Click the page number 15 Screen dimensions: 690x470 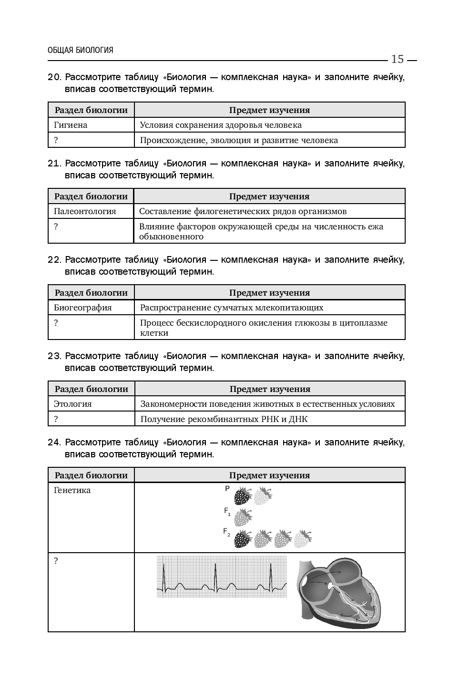397,60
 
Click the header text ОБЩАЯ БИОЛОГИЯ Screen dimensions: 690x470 81,50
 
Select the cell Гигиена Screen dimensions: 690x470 71,125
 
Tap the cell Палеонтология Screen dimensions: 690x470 85,211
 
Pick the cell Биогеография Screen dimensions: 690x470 82,308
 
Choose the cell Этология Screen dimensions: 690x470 72,404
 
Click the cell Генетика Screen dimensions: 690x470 72,490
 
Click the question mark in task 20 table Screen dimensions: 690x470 56,140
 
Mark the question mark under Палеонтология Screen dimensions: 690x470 56,227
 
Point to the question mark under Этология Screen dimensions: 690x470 56,419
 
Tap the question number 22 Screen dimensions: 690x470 54,260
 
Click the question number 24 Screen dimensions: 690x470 54,442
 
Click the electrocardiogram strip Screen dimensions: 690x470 222,577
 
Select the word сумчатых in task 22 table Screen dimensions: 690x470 226,308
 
